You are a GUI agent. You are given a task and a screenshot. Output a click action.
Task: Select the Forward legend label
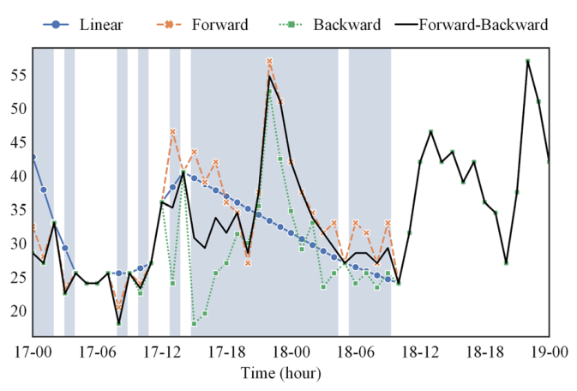coord(220,25)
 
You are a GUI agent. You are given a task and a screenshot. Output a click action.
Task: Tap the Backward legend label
coord(346,25)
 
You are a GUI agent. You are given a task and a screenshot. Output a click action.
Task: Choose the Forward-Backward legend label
coord(484,25)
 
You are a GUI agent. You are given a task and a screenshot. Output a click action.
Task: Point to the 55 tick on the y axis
coord(19,75)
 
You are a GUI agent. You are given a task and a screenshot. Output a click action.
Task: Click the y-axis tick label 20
coord(19,311)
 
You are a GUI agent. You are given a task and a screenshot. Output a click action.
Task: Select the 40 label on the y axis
coord(19,176)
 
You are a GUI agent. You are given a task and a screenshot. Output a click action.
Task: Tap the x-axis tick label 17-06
coord(98,352)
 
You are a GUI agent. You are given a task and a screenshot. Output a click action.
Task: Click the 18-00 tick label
coord(292,352)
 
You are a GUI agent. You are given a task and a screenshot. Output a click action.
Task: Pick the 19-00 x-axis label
coord(550,352)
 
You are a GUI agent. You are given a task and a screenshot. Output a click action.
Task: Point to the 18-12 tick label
coord(420,352)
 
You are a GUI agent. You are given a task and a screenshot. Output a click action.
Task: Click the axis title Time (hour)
coord(280,373)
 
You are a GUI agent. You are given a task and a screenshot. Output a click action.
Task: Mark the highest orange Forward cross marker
coord(269,61)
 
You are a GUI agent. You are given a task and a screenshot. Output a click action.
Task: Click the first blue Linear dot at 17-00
coord(33,157)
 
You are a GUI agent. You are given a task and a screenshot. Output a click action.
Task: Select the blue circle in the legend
coord(56,25)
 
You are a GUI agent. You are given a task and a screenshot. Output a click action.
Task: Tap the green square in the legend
coord(291,25)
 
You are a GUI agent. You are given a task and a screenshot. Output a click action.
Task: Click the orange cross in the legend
coord(169,25)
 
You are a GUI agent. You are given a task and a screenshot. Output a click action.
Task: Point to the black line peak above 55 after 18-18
coord(527,61)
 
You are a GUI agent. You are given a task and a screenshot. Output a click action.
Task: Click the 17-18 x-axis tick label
coord(226,352)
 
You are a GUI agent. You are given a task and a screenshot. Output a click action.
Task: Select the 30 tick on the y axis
coord(19,244)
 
